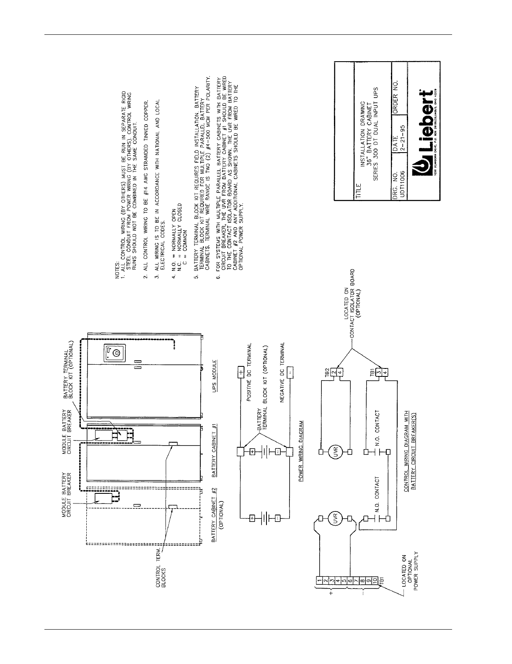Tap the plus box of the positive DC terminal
[x=240, y=372]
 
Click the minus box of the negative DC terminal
[x=290, y=372]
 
